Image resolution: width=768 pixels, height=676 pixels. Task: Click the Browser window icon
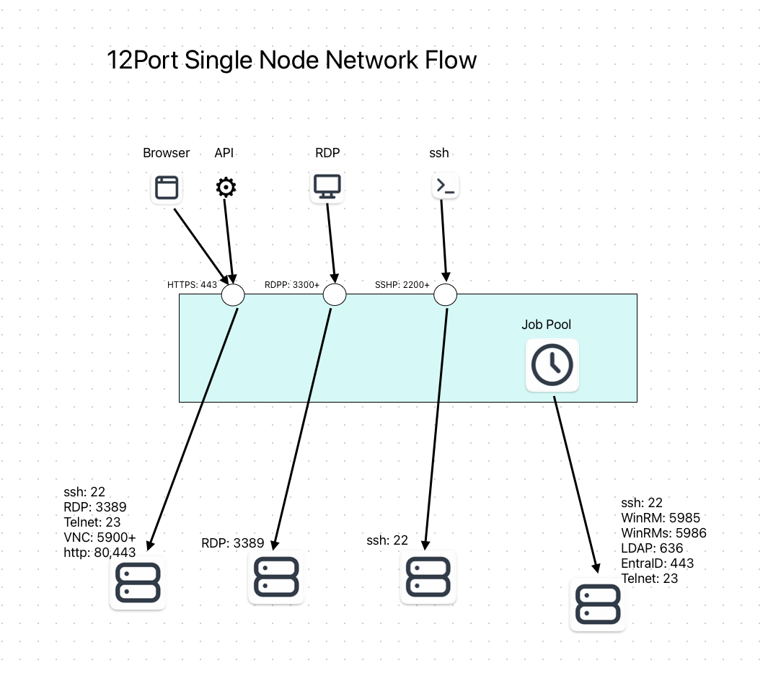[x=167, y=188]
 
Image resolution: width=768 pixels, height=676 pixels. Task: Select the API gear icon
[x=226, y=188]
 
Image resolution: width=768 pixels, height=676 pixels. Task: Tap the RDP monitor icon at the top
[x=327, y=186]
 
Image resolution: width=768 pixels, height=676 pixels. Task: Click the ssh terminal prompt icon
[x=446, y=186]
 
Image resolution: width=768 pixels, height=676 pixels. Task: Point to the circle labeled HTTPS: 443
[x=233, y=294]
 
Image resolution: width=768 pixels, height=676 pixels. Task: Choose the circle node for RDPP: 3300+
[x=335, y=294]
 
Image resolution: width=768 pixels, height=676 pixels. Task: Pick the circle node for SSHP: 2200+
[x=446, y=294]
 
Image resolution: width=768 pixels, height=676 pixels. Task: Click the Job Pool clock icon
[x=552, y=365]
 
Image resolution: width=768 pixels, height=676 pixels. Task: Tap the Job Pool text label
[x=547, y=325]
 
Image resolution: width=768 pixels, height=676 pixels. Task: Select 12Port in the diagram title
[x=143, y=59]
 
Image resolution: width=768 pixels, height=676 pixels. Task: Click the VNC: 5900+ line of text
[x=100, y=537]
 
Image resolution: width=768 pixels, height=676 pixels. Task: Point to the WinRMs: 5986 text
[x=663, y=533]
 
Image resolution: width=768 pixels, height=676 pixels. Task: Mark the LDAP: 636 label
[x=652, y=548]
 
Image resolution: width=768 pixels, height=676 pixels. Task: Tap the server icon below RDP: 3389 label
[x=276, y=577]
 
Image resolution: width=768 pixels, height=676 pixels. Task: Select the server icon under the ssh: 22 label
[x=428, y=577]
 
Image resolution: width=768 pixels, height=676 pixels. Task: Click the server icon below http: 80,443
[x=138, y=582]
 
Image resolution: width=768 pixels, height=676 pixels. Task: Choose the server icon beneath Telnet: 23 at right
[x=598, y=605]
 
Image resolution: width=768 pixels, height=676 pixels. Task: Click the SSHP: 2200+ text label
[x=402, y=285]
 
